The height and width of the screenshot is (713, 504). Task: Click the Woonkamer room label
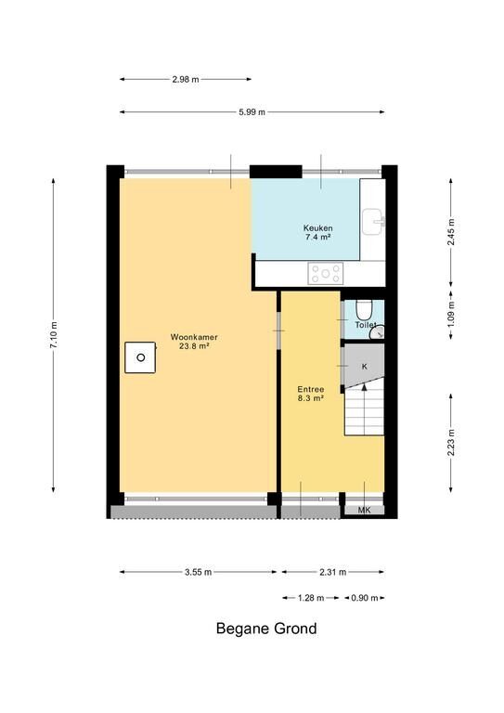[x=194, y=342]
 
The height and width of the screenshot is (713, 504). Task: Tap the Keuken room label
[x=318, y=232]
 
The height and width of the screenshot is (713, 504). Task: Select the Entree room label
[x=311, y=394]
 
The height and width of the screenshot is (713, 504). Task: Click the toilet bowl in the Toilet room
[x=363, y=309]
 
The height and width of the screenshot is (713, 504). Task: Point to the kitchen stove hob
[x=326, y=274]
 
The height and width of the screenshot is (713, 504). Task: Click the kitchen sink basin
[x=372, y=222]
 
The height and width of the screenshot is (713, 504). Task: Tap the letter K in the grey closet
[x=365, y=367]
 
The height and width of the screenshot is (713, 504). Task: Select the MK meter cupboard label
[x=364, y=511]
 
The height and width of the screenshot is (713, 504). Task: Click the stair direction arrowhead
[x=364, y=386]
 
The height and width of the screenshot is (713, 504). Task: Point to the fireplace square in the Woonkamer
[x=140, y=357]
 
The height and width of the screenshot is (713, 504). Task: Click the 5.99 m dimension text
[x=252, y=112]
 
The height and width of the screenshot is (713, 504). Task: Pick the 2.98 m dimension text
[x=186, y=79]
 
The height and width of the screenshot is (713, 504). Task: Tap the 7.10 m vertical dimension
[x=54, y=335]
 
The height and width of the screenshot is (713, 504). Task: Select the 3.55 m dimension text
[x=198, y=572]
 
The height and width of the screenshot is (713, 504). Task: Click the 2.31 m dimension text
[x=332, y=572]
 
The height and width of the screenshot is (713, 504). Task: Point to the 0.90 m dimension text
[x=365, y=598]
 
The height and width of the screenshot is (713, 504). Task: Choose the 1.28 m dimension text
[x=311, y=598]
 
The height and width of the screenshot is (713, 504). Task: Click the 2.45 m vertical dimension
[x=451, y=232]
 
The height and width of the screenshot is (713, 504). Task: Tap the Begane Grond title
[x=266, y=629]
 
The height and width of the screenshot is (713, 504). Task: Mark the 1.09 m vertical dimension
[x=451, y=313]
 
